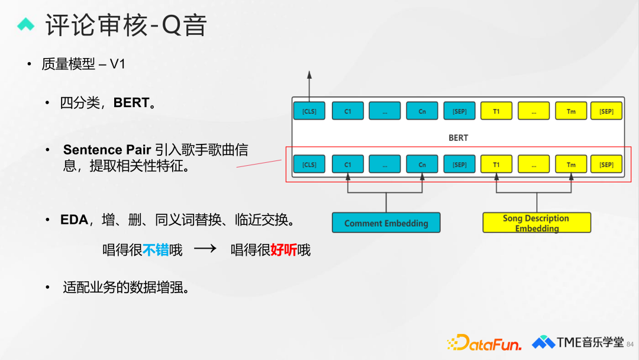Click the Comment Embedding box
pos(386,223)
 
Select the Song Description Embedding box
pos(537,223)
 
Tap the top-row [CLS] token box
pos(309,111)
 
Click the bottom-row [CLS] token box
pos(309,164)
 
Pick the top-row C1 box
pos(347,111)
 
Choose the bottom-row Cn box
pos(422,164)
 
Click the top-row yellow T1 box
pos(496,111)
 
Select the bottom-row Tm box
pos(571,164)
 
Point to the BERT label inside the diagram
pos(458,137)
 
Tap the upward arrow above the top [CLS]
pos(309,83)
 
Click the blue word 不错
pos(156,250)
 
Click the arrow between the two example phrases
pos(205,249)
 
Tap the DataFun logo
pos(485,343)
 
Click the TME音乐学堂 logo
pos(577,342)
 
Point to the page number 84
pos(630,344)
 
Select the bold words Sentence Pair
pos(107,150)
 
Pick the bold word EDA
pos(74,220)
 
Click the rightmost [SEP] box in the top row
pos(606,111)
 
